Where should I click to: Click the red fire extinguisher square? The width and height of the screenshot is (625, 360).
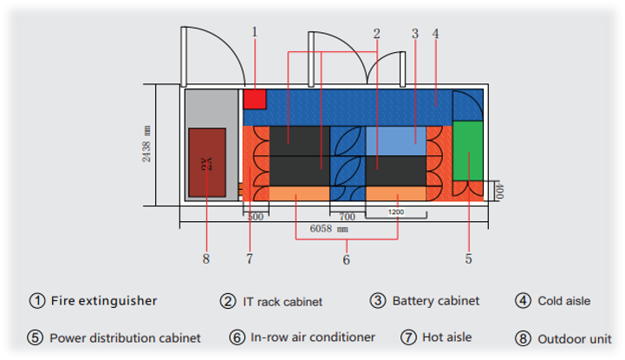coord(254,99)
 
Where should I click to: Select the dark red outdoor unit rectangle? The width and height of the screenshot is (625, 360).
coord(207,164)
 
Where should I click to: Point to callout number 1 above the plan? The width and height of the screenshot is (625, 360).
coord(254,32)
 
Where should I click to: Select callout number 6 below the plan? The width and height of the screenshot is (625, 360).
coord(347,259)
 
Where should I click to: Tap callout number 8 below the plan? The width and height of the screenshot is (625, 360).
coord(206,259)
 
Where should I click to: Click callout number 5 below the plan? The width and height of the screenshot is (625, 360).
coord(468,258)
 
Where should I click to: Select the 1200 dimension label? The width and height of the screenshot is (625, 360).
coord(395,213)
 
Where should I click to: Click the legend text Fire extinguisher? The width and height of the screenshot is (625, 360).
coord(104,301)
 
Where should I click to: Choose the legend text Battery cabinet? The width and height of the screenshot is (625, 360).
coord(436,301)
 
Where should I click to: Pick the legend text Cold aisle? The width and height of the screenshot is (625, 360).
coord(564,301)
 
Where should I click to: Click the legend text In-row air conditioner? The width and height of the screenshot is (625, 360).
coord(313,337)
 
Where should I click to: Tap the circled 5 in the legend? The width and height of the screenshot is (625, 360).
coord(36,337)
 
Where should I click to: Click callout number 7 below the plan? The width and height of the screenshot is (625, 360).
coord(249,259)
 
